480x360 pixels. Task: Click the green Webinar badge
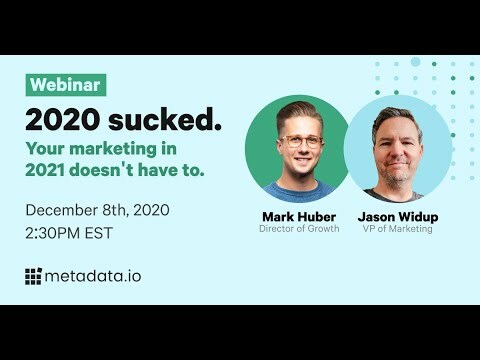(x=66, y=85)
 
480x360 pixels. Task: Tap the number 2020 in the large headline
(x=63, y=119)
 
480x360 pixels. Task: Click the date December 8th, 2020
(x=97, y=210)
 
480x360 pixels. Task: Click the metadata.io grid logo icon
(x=34, y=276)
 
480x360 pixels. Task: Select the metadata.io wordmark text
(x=93, y=276)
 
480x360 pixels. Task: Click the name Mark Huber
(x=298, y=216)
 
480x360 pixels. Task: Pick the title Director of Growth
(x=298, y=230)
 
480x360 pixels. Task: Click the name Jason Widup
(x=398, y=216)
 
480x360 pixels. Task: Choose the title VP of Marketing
(x=398, y=230)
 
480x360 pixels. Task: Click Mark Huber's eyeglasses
(x=299, y=142)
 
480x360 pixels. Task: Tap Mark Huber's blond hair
(x=298, y=113)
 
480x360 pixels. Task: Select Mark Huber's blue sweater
(x=298, y=190)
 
